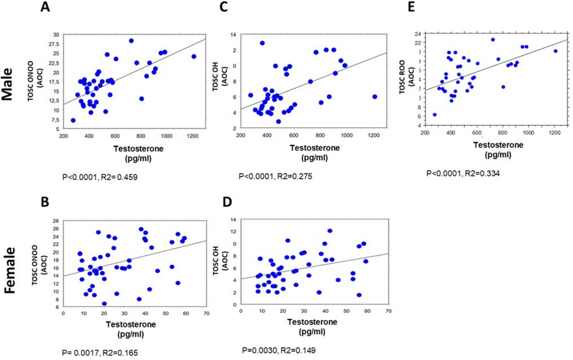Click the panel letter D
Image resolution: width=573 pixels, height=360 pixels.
pyautogui.click(x=227, y=202)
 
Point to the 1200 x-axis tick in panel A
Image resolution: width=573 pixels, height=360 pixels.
pyautogui.click(x=193, y=136)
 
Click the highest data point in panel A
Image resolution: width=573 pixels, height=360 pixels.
pyautogui.click(x=131, y=41)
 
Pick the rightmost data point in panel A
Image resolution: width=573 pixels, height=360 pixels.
pyautogui.click(x=194, y=57)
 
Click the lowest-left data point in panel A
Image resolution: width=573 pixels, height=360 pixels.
pyautogui.click(x=73, y=120)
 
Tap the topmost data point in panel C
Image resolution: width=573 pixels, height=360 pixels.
pyautogui.click(x=262, y=43)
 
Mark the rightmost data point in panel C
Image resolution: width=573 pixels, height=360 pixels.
pyautogui.click(x=374, y=97)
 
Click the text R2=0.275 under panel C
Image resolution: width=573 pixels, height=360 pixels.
pyautogui.click(x=295, y=176)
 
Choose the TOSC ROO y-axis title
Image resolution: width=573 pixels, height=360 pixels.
pyautogui.click(x=402, y=77)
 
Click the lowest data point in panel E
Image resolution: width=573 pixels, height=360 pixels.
pyautogui.click(x=435, y=115)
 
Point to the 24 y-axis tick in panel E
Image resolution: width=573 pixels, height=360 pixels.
pyautogui.click(x=418, y=34)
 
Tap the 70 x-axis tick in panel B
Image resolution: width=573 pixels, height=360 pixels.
pyautogui.click(x=206, y=313)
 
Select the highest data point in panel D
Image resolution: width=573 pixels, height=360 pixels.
pyautogui.click(x=330, y=231)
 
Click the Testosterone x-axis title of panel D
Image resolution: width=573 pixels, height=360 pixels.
pyautogui.click(x=312, y=322)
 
